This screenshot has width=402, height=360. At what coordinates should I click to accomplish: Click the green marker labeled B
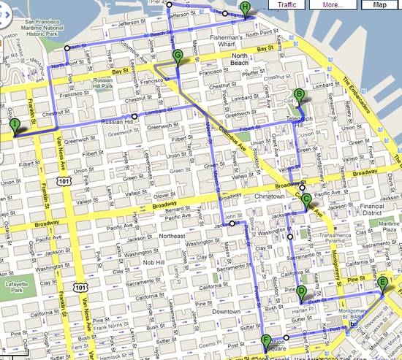(x=300, y=94)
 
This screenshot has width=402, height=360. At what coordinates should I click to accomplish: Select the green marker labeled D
(x=301, y=292)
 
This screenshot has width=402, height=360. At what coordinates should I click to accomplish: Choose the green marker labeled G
(x=178, y=55)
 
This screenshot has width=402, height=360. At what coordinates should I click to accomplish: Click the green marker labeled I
(x=15, y=126)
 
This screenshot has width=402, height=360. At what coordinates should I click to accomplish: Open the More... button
(x=333, y=4)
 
